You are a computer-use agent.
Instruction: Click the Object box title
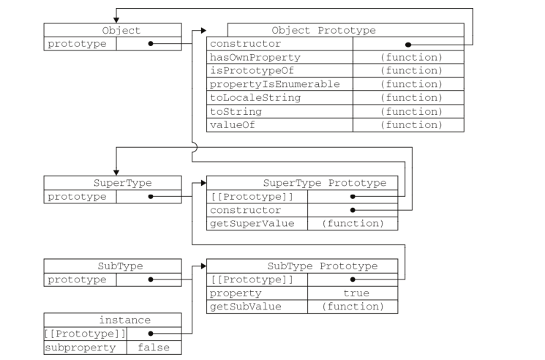(x=121, y=31)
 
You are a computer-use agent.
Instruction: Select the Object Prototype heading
(x=323, y=31)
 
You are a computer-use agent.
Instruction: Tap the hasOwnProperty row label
(x=255, y=57)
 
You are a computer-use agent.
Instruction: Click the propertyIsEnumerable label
(x=274, y=84)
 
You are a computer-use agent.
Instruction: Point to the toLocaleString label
(x=255, y=97)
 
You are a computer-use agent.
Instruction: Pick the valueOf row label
(x=232, y=124)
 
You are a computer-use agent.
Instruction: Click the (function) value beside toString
(x=411, y=111)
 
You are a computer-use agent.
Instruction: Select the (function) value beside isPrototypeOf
(x=411, y=70)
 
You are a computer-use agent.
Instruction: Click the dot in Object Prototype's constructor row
(x=408, y=45)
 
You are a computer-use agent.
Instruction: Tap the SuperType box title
(x=122, y=183)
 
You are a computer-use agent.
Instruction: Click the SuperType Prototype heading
(x=325, y=183)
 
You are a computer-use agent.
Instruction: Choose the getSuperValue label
(x=252, y=223)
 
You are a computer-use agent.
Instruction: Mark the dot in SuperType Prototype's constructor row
(x=353, y=210)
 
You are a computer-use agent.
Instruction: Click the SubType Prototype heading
(x=323, y=266)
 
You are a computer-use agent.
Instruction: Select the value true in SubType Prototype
(x=356, y=293)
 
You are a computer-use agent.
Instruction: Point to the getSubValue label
(x=245, y=307)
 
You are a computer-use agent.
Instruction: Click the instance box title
(x=125, y=320)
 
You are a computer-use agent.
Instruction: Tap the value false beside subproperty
(x=154, y=347)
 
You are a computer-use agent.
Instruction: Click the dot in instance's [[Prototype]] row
(x=151, y=334)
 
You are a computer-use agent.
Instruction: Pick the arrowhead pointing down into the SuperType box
(x=116, y=173)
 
